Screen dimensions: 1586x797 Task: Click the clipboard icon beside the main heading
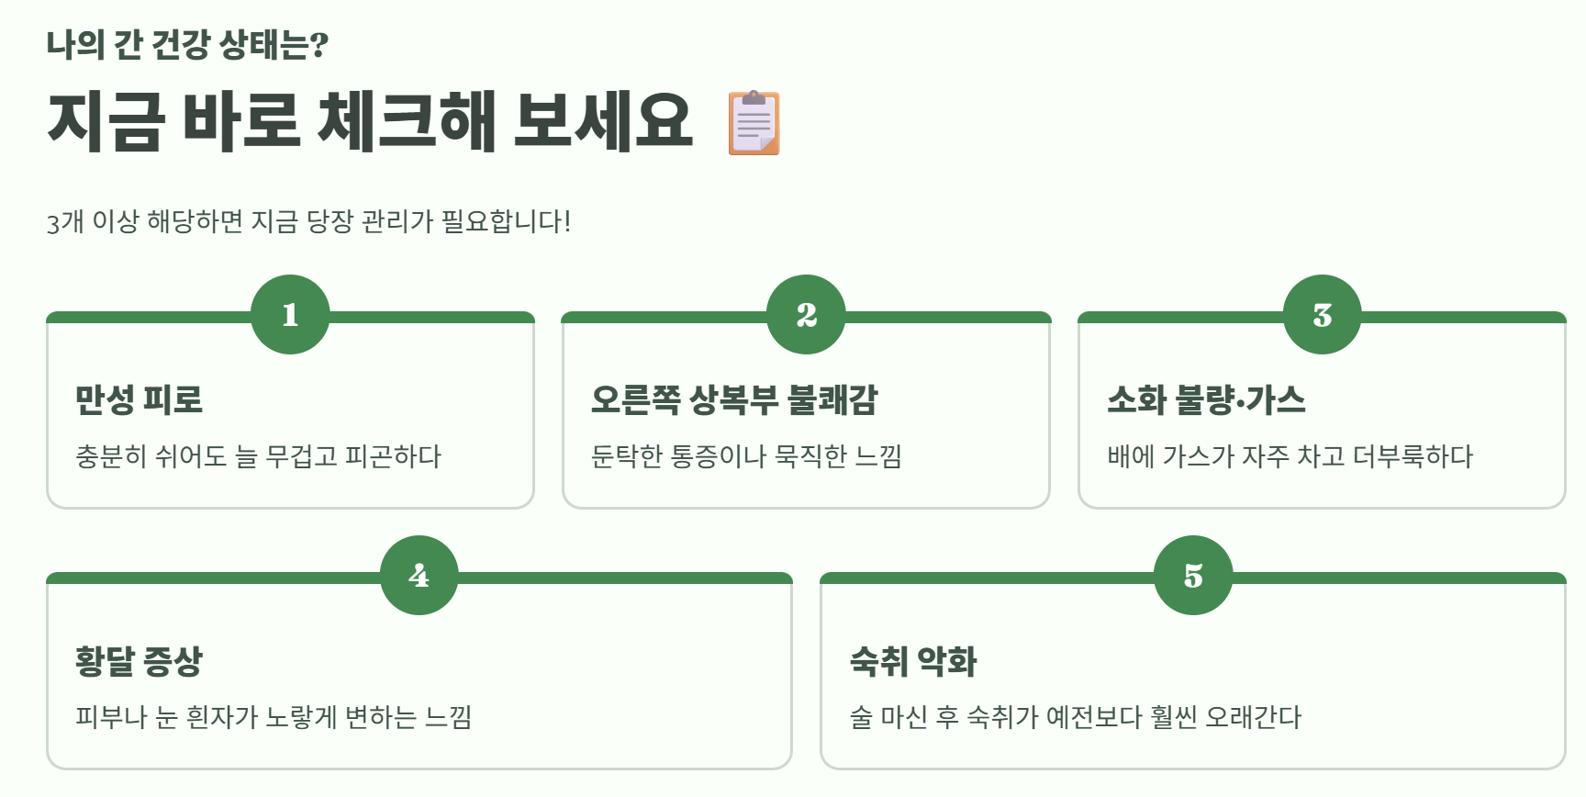754,123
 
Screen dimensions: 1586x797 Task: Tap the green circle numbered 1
290,315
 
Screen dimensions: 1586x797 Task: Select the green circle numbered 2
806,315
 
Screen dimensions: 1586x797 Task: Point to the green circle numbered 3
1322,315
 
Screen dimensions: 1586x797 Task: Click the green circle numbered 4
419,576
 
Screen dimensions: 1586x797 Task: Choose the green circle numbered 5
1192,576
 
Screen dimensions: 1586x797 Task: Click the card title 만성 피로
139,399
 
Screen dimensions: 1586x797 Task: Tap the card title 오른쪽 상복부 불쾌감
734,399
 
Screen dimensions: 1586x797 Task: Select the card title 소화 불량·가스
1206,399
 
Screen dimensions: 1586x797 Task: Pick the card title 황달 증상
139,660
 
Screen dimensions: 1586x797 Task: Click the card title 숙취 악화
913,660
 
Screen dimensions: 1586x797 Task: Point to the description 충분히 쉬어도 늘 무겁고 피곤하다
258,456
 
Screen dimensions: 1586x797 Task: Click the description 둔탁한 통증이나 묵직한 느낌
746,456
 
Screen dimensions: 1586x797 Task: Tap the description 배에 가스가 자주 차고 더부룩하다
1290,456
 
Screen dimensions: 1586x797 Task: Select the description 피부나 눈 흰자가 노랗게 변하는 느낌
274,717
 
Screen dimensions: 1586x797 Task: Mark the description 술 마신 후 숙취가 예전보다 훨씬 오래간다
1075,717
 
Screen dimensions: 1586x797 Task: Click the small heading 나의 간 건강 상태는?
187,44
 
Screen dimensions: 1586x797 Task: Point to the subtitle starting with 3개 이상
308,221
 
